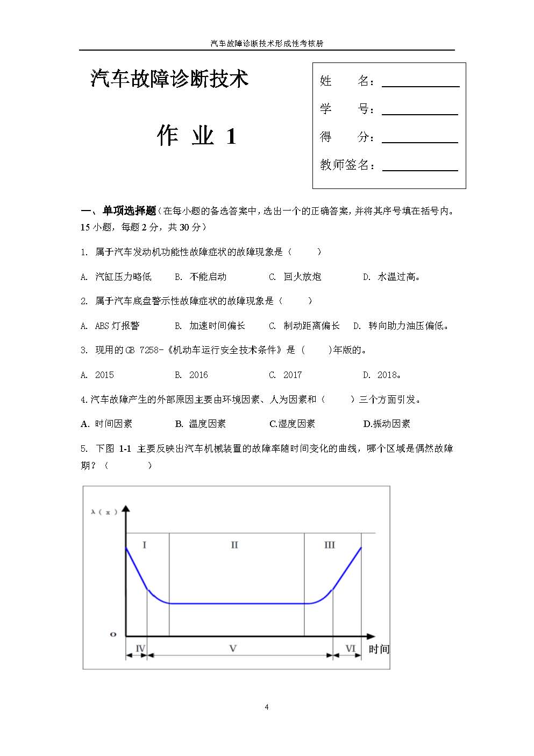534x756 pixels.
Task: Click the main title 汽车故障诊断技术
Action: pos(169,79)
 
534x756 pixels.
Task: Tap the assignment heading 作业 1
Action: pos(197,135)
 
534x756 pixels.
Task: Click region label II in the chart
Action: pos(234,545)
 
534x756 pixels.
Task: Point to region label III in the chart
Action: pos(330,545)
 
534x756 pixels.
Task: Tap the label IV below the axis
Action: pos(140,648)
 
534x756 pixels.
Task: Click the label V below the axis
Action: pos(233,648)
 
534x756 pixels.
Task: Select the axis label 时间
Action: pos(379,649)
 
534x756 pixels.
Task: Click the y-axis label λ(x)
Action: pos(104,512)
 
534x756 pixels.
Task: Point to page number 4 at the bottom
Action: pos(267,707)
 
